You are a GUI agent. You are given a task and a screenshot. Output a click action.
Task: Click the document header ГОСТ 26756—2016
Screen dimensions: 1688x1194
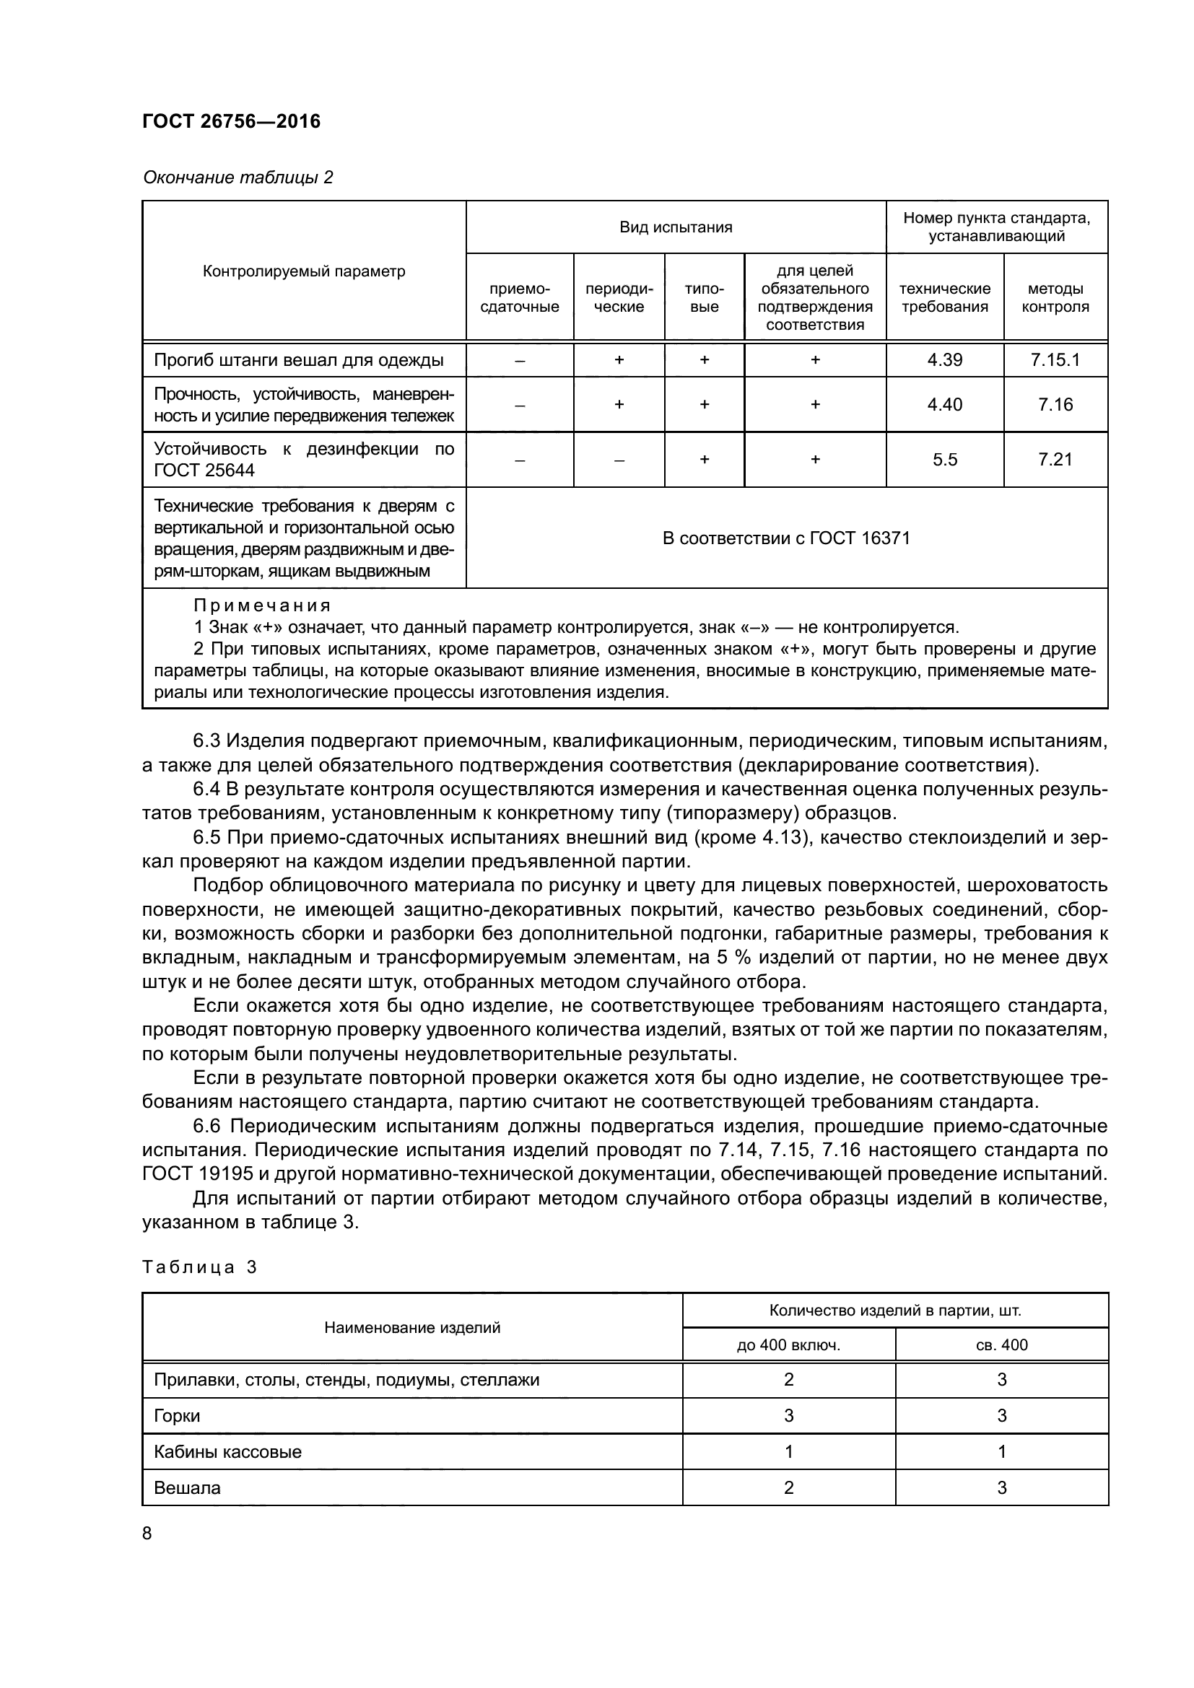[x=232, y=121]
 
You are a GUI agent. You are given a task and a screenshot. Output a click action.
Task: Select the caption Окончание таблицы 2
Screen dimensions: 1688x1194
[x=238, y=178]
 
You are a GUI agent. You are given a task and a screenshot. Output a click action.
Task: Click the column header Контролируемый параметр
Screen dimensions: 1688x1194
[x=304, y=271]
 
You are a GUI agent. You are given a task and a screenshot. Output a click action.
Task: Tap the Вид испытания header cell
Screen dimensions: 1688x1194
[x=676, y=227]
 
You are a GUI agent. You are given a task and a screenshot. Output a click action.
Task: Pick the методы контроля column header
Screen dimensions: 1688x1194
[x=1055, y=298]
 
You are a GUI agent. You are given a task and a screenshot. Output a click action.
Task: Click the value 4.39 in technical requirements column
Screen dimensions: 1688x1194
[x=945, y=360]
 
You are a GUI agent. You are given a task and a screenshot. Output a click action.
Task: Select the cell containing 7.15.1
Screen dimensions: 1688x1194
[x=1055, y=360]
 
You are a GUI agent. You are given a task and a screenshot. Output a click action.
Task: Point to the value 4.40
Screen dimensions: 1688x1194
[x=945, y=404]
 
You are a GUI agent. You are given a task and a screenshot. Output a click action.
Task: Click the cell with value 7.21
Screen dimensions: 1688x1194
[x=1055, y=460]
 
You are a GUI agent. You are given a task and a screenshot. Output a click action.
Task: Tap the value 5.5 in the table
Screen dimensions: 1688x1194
[x=945, y=460]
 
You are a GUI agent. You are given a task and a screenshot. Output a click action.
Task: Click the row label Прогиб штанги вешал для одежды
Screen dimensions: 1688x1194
[x=299, y=360]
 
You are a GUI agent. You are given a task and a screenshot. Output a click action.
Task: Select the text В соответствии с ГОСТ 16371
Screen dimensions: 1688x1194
[x=786, y=538]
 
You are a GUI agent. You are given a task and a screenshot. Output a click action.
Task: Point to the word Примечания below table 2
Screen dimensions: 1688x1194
[x=262, y=605]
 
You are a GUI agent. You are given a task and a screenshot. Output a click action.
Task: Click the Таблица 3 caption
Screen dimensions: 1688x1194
[x=199, y=1267]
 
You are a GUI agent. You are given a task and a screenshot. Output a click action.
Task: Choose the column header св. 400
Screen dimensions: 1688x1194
[x=1001, y=1344]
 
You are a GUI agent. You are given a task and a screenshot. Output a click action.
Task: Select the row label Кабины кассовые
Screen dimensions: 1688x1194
[x=227, y=1451]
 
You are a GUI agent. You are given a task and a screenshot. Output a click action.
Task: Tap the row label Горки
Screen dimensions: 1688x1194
[x=176, y=1415]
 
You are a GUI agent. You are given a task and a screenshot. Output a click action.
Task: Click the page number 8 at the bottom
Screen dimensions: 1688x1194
[x=147, y=1533]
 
